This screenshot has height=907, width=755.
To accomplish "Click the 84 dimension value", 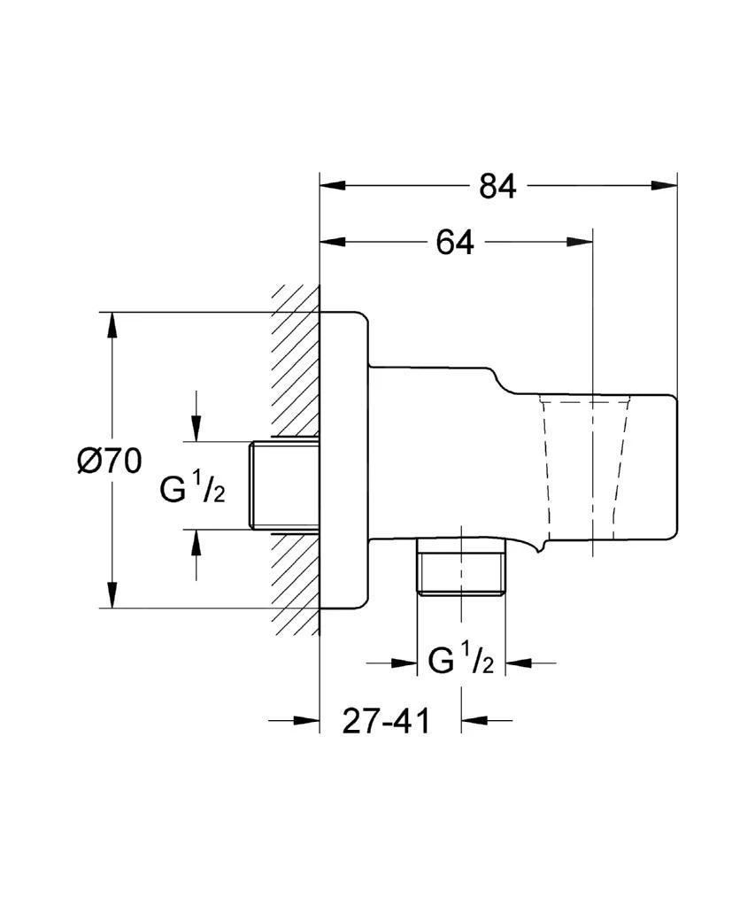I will pos(497,186).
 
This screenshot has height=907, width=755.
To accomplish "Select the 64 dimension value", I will pos(455,242).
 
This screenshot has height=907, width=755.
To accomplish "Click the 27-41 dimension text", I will pos(386,721).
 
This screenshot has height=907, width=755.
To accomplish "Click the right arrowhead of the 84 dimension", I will pos(665,186).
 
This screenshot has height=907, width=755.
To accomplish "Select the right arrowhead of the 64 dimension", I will pos(580,242).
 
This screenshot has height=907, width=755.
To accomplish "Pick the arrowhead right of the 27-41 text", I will pos(473,721).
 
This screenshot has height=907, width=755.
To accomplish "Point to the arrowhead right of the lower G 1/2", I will pos(518,662).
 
